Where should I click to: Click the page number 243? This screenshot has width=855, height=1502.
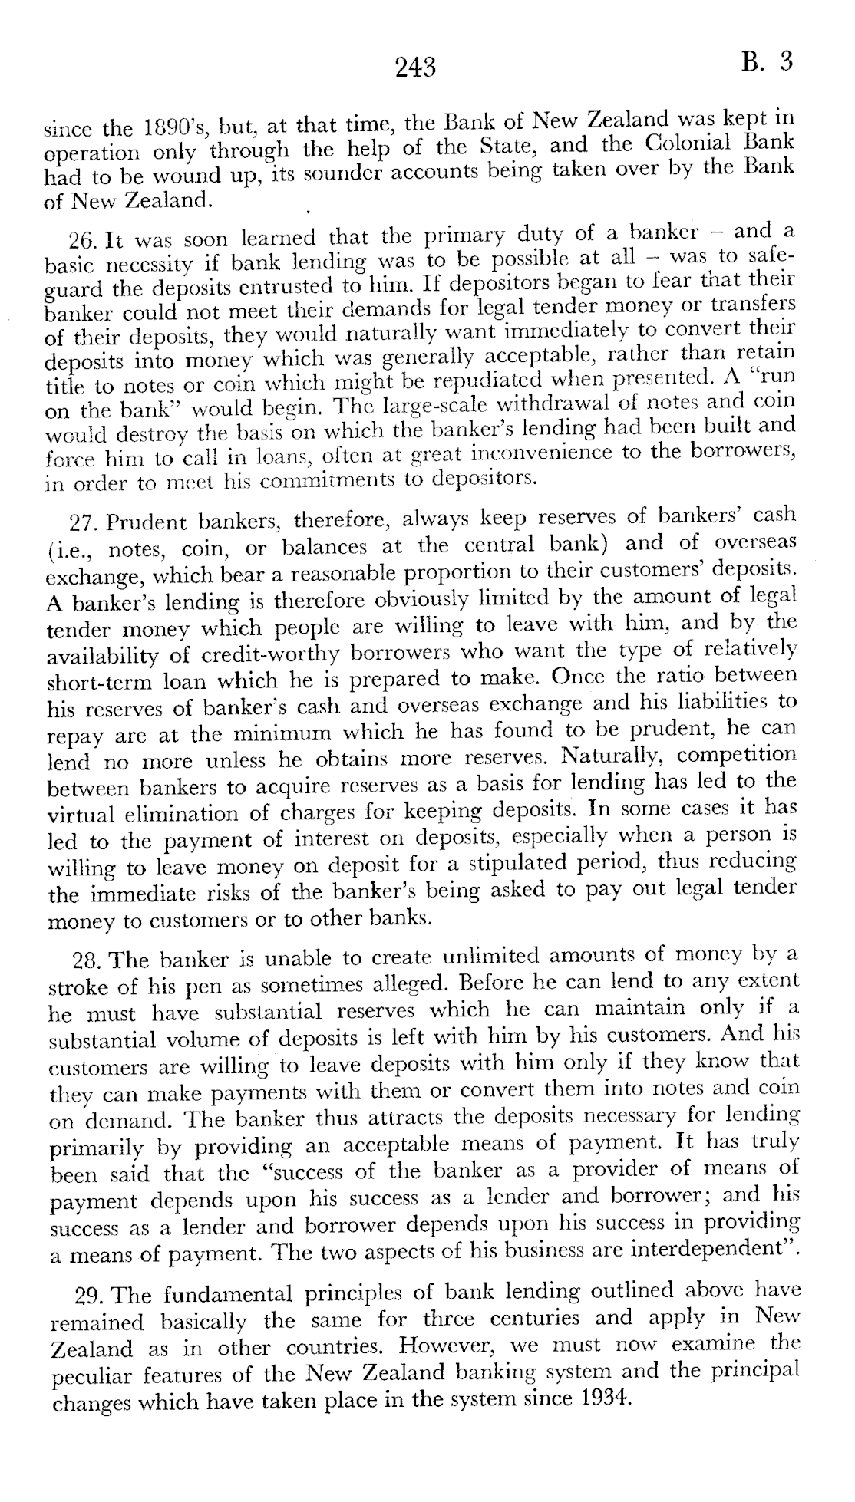point(416,68)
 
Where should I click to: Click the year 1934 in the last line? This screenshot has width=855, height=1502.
point(601,1397)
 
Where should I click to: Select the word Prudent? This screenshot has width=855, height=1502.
point(146,522)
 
